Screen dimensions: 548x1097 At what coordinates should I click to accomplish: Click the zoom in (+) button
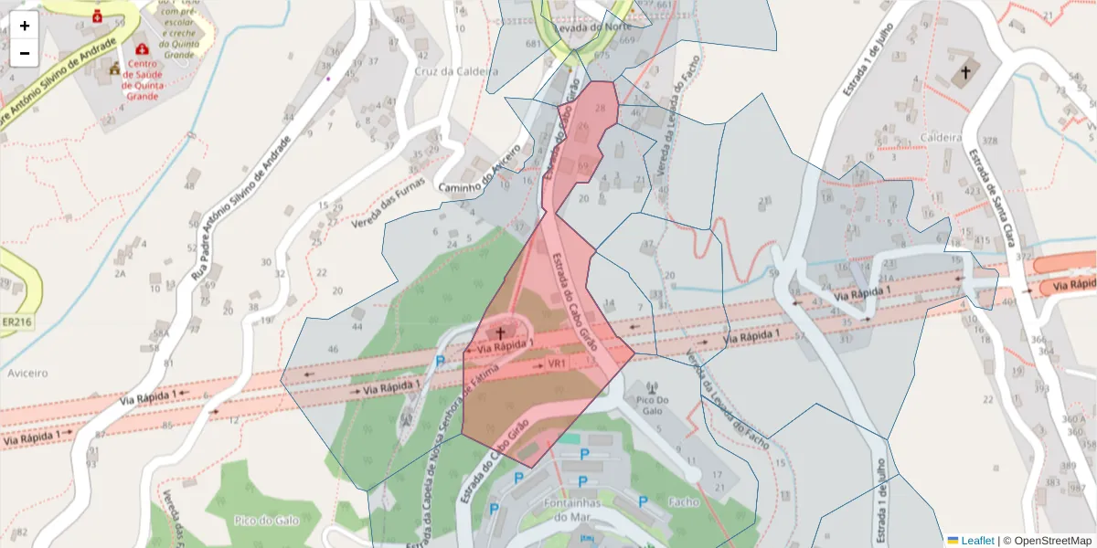click(25, 26)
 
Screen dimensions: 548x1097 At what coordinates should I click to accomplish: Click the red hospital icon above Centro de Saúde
click(142, 48)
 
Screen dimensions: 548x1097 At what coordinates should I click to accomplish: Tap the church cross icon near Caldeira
click(964, 71)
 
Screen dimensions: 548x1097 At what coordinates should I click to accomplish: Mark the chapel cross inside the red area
click(500, 332)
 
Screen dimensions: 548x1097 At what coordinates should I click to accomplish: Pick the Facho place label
click(683, 501)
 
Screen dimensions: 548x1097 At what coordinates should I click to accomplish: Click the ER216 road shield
click(17, 322)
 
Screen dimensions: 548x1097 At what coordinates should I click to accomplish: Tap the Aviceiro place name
click(27, 374)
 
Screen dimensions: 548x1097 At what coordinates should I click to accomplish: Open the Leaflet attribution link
click(977, 540)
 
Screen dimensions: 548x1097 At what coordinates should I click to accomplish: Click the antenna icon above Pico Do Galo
click(651, 387)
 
